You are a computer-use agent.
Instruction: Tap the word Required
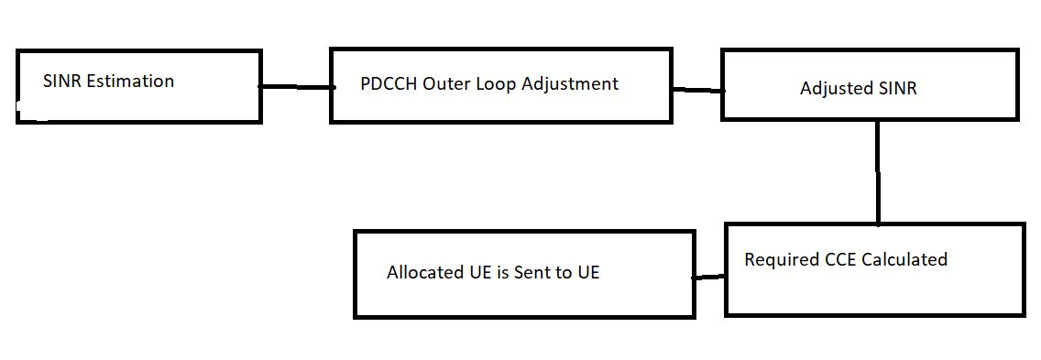782,260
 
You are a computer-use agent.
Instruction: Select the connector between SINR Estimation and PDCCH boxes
296,87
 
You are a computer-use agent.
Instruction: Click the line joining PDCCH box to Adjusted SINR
697,90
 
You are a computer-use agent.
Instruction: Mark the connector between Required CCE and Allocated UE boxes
709,277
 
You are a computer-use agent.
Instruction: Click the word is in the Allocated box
500,273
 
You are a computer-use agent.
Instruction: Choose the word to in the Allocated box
564,273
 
